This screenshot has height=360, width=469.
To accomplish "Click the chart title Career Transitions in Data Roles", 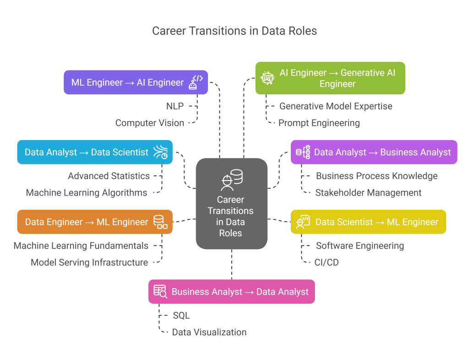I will tap(234, 31).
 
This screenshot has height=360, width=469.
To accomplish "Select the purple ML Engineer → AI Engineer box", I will tap(136, 82).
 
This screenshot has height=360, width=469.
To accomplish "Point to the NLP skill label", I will tap(175, 106).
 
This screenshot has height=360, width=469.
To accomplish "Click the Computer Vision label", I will tap(150, 123).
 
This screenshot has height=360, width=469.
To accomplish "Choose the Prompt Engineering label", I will tap(319, 123).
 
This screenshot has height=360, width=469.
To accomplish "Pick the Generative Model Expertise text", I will tap(336, 106).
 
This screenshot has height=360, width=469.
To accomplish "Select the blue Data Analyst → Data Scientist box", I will tap(95, 152).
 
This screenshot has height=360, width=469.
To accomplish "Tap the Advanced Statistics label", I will tap(109, 176).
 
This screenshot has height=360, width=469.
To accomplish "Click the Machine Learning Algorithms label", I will tap(87, 193).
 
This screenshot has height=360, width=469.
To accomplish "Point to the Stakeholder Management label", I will tap(368, 193).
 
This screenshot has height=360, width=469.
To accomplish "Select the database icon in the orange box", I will tap(160, 222).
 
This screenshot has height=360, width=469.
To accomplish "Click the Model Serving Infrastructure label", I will tap(89, 262).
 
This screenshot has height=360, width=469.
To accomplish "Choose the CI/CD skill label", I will tap(327, 262).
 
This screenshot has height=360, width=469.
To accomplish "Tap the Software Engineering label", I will tap(360, 246).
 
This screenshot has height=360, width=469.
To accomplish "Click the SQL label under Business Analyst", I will tap(181, 316).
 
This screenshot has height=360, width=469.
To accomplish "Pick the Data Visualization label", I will tap(209, 332).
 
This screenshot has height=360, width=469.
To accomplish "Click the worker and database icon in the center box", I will tap(231, 180).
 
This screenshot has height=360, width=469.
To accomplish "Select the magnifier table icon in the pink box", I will tap(160, 292).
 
